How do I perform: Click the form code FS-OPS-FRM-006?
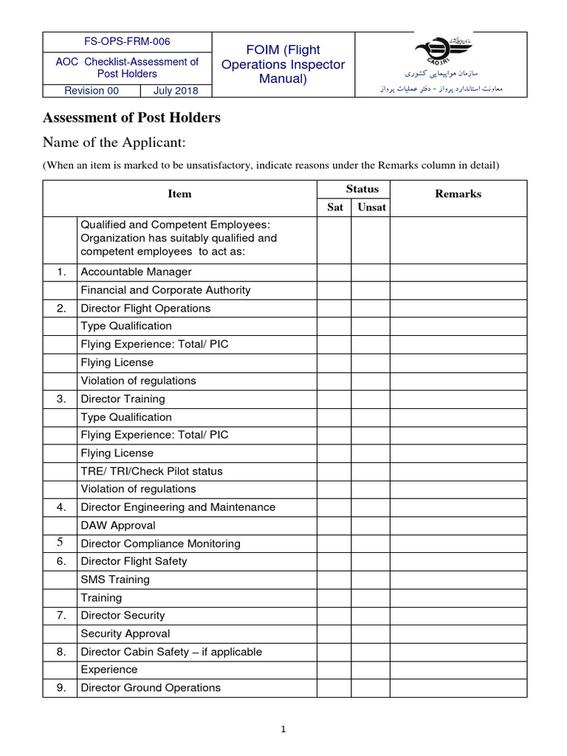click(127, 41)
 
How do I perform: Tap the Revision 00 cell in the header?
click(92, 91)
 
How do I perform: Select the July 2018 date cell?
click(176, 91)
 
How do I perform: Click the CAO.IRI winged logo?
click(441, 52)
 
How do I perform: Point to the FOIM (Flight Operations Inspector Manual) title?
click(283, 64)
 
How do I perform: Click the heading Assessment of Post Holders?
click(131, 118)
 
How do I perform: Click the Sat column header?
click(334, 207)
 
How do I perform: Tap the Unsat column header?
click(371, 207)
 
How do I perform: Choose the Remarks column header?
click(458, 194)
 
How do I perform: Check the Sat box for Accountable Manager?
click(334, 272)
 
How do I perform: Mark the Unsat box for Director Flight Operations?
click(371, 309)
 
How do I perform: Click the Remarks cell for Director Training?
click(458, 399)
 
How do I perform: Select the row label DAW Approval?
click(118, 526)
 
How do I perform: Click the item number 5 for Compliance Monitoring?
click(61, 543)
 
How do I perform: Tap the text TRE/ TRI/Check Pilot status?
click(151, 471)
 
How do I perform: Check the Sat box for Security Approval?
click(334, 633)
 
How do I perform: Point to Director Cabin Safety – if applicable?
click(171, 652)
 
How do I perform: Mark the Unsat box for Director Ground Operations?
click(371, 688)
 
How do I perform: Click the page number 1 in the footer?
click(283, 729)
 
